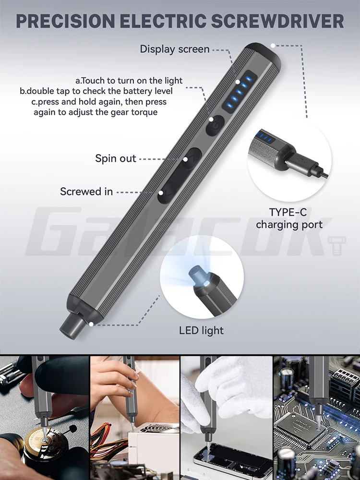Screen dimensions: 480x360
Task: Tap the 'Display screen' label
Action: tap(175, 49)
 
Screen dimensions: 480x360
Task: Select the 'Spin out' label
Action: tap(116, 158)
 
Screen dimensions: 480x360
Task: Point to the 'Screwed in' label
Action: tap(86, 192)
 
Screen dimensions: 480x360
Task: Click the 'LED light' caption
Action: tap(201, 330)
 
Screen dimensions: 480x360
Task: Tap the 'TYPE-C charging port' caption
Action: tap(288, 218)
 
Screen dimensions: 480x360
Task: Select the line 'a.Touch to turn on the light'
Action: tap(129, 80)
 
